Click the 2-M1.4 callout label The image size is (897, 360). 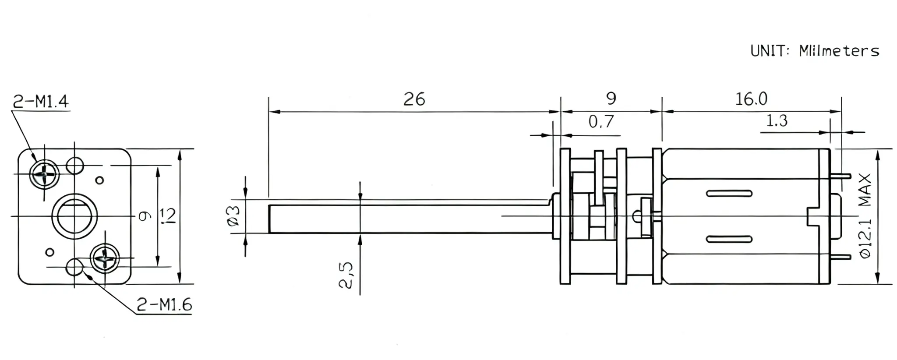40,102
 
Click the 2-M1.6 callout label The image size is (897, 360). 164,304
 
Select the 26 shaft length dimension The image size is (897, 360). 414,99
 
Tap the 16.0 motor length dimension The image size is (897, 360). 751,99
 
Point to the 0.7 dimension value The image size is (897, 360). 601,121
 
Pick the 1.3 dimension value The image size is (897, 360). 777,120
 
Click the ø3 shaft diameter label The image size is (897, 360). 234,216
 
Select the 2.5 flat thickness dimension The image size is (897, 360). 346,275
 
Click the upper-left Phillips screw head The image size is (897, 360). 44,174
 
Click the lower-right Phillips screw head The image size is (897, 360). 105,259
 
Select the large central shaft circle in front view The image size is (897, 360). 74,216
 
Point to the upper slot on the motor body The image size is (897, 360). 729,193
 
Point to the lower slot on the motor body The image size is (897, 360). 729,239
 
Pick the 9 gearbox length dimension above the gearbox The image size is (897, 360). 611,99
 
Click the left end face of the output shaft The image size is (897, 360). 269,219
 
